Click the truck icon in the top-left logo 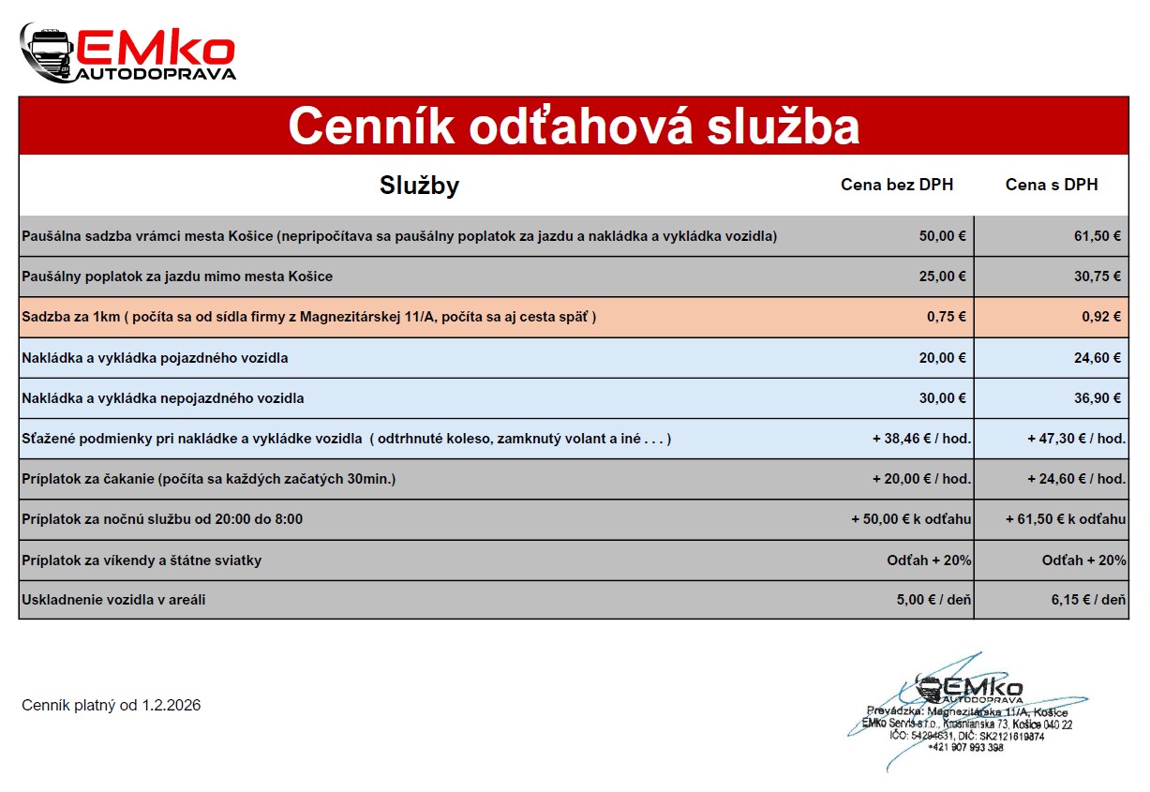(48, 52)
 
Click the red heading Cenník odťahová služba (574, 127)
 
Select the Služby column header (419, 186)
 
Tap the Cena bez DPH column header (896, 186)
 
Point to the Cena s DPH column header (1051, 186)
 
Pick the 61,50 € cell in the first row (1098, 236)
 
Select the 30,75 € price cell (1098, 276)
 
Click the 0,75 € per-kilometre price (946, 317)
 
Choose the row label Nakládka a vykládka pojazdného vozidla (155, 358)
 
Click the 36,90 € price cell (1098, 398)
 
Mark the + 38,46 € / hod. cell (920, 439)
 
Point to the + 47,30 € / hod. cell (1075, 439)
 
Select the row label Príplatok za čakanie (208, 479)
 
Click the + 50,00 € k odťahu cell (910, 519)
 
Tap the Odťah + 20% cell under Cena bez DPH (929, 560)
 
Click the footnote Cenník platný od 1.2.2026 (111, 706)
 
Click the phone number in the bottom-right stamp (964, 747)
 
